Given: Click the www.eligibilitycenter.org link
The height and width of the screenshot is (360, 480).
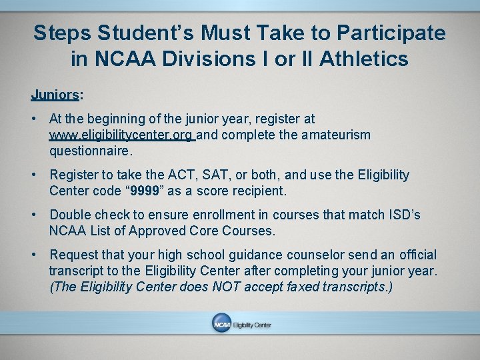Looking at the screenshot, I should pos(121,135).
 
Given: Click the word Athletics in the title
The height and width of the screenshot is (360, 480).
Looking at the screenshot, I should pos(364,59).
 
